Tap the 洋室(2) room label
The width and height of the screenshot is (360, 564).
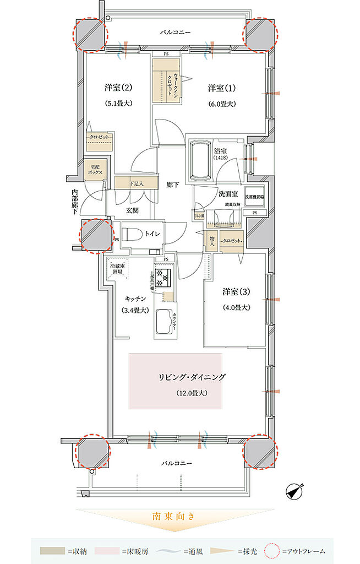coord(118,88)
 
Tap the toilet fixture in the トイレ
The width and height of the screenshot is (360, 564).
coord(132,234)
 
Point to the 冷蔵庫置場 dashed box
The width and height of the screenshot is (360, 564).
coord(118,268)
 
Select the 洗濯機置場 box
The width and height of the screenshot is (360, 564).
coord(254,197)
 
